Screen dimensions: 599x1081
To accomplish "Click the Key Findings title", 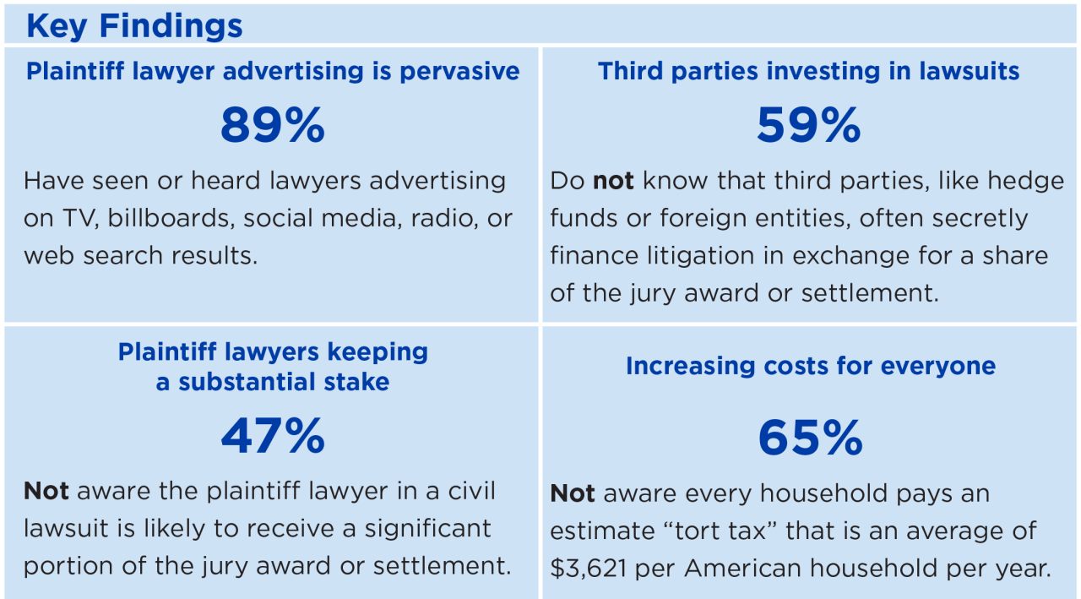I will [134, 25].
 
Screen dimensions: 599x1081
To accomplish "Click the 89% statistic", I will [272, 126].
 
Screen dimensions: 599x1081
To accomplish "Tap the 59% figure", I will [808, 126].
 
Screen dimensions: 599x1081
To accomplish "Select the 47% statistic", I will [272, 436].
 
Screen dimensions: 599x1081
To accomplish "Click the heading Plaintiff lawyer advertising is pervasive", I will [273, 71].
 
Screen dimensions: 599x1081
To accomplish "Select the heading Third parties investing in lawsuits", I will [808, 71].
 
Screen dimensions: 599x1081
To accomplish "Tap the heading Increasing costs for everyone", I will [810, 366].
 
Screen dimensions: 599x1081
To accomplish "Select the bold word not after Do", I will [613, 181].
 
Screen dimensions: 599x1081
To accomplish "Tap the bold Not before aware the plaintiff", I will [46, 491].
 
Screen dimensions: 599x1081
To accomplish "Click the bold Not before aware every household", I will [572, 493].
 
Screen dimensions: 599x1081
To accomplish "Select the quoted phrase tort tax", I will [714, 531].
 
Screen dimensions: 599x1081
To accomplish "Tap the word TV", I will [79, 218].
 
